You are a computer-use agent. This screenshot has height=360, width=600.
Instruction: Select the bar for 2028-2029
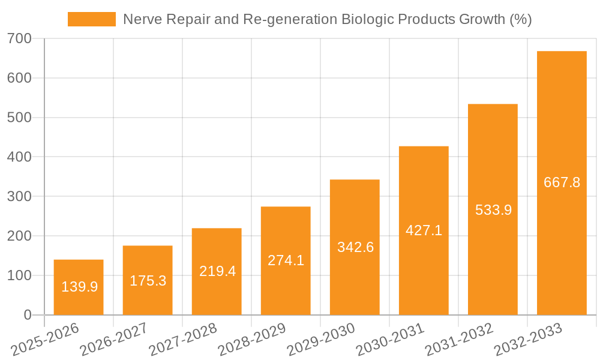click(286, 260)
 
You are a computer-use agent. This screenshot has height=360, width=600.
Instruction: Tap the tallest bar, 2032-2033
click(562, 182)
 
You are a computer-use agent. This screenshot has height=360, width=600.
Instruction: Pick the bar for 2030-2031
click(424, 230)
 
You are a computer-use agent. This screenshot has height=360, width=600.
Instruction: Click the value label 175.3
click(148, 280)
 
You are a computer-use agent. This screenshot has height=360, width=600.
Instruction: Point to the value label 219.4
click(217, 271)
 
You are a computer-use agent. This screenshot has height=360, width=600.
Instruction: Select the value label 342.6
click(355, 247)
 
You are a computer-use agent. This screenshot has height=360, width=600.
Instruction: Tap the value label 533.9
click(493, 210)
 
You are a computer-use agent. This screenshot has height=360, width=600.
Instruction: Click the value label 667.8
click(562, 182)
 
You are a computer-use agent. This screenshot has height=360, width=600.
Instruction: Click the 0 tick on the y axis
click(29, 315)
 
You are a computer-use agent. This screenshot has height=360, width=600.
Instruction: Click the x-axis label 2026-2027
click(115, 340)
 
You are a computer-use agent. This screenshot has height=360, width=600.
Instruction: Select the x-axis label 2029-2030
click(322, 340)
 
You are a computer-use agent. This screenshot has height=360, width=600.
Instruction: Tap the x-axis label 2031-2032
click(460, 340)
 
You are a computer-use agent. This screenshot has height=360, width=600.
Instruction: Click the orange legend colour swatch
click(91, 19)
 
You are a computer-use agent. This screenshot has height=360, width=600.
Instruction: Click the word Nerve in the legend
click(139, 19)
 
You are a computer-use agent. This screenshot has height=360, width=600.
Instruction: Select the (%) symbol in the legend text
click(520, 19)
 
